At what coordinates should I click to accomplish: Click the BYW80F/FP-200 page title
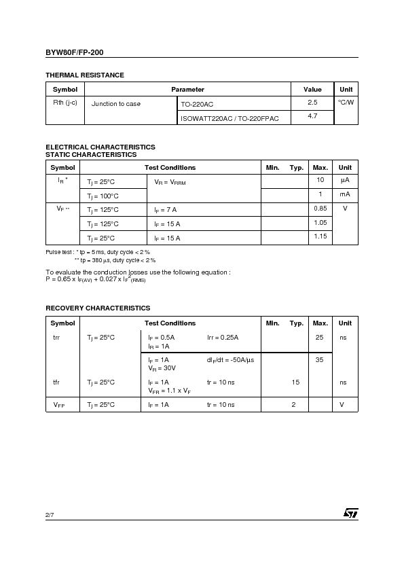pyautogui.click(x=75, y=52)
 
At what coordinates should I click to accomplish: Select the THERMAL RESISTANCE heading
pyautogui.click(x=85, y=75)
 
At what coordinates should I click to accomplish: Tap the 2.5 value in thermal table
pyautogui.click(x=312, y=103)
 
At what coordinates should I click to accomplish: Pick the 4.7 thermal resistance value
pyautogui.click(x=312, y=117)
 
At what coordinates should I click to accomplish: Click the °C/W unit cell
pyautogui.click(x=346, y=103)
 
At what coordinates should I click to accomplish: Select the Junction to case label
pyautogui.click(x=116, y=104)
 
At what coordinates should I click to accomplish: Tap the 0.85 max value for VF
pyautogui.click(x=320, y=209)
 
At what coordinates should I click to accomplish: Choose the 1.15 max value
pyautogui.click(x=320, y=237)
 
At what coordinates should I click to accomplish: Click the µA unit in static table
pyautogui.click(x=345, y=180)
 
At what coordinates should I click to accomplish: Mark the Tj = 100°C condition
pyautogui.click(x=101, y=196)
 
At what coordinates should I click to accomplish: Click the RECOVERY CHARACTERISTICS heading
pyautogui.click(x=98, y=308)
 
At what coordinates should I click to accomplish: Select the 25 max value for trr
pyautogui.click(x=320, y=338)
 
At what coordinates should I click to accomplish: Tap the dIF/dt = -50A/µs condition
pyautogui.click(x=230, y=359)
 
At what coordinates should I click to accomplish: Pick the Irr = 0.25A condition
pyautogui.click(x=223, y=338)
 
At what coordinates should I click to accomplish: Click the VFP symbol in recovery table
pyautogui.click(x=59, y=405)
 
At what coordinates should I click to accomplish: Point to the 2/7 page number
pyautogui.click(x=50, y=516)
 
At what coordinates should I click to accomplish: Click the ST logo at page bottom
pyautogui.click(x=350, y=514)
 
